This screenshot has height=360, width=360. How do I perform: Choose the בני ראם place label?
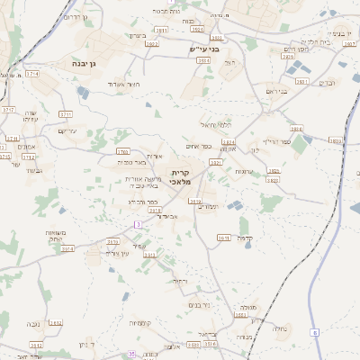pos(275,92)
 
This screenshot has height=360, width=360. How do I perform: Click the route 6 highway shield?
pos(316,333)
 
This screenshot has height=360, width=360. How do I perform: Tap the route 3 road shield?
pos(138,222)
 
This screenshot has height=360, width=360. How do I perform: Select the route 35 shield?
pos(132,354)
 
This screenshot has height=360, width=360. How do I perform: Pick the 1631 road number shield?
pos(224,238)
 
